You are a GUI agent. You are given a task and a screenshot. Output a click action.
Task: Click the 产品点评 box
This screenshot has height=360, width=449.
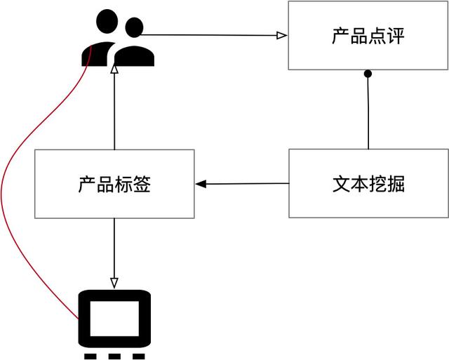pyautogui.click(x=368, y=36)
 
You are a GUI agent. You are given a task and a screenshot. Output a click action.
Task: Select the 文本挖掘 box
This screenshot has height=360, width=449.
pyautogui.click(x=368, y=183)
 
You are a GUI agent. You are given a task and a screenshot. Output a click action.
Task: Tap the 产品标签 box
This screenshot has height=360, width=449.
pyautogui.click(x=114, y=184)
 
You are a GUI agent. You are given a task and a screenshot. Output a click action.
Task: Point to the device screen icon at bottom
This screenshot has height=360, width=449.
pyautogui.click(x=114, y=319)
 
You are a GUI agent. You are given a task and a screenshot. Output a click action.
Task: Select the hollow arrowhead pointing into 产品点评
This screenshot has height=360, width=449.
pyautogui.click(x=281, y=35)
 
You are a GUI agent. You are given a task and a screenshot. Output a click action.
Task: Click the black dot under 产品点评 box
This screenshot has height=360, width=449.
pyautogui.click(x=367, y=74)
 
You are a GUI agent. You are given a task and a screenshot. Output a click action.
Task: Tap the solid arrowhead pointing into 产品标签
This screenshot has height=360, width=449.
pyautogui.click(x=201, y=184)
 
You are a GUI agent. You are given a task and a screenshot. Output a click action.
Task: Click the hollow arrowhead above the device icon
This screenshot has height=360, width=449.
pyautogui.click(x=114, y=283)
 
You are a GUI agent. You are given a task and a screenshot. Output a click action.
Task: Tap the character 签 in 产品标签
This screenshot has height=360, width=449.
pyautogui.click(x=142, y=185)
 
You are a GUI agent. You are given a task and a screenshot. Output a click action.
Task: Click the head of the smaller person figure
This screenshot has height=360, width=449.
pyautogui.click(x=133, y=27)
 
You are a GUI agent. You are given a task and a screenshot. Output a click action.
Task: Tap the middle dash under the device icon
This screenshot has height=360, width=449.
pyautogui.click(x=114, y=356)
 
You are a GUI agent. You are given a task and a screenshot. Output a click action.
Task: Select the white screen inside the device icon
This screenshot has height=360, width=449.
pyautogui.click(x=114, y=319)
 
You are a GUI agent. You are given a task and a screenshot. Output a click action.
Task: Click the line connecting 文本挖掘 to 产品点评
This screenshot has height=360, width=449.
pyautogui.click(x=368, y=112)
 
